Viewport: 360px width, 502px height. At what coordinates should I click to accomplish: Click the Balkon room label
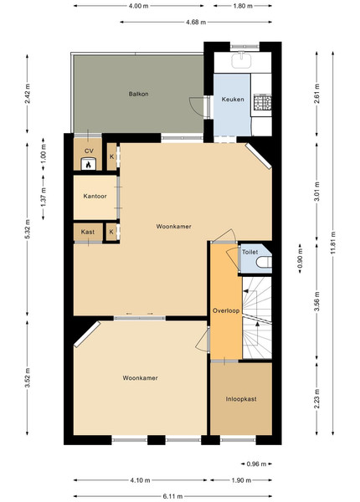pos(138,94)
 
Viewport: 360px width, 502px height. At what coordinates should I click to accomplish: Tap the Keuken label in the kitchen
pos(233,100)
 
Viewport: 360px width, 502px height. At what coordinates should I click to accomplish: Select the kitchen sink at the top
pos(241,61)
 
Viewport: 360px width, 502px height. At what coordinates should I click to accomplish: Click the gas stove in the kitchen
pos(262,102)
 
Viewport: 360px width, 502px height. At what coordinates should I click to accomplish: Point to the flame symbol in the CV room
pos(88,165)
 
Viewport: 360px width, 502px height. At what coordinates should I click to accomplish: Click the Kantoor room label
pos(95,196)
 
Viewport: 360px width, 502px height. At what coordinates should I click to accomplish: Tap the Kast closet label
pos(87,232)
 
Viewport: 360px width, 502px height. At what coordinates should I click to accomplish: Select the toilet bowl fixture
pos(264,262)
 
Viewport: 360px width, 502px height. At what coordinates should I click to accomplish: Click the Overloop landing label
pos(226,310)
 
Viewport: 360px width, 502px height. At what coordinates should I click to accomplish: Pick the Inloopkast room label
pos(241,399)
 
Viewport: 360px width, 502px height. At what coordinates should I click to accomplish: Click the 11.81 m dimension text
pos(333,243)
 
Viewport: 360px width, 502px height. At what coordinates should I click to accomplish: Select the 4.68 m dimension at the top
pos(196,22)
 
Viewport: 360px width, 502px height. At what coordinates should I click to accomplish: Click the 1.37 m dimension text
pos(44,197)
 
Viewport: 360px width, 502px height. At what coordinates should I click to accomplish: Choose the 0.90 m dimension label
pos(300,259)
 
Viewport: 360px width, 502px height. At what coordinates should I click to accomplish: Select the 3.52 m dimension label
pos(28,378)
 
